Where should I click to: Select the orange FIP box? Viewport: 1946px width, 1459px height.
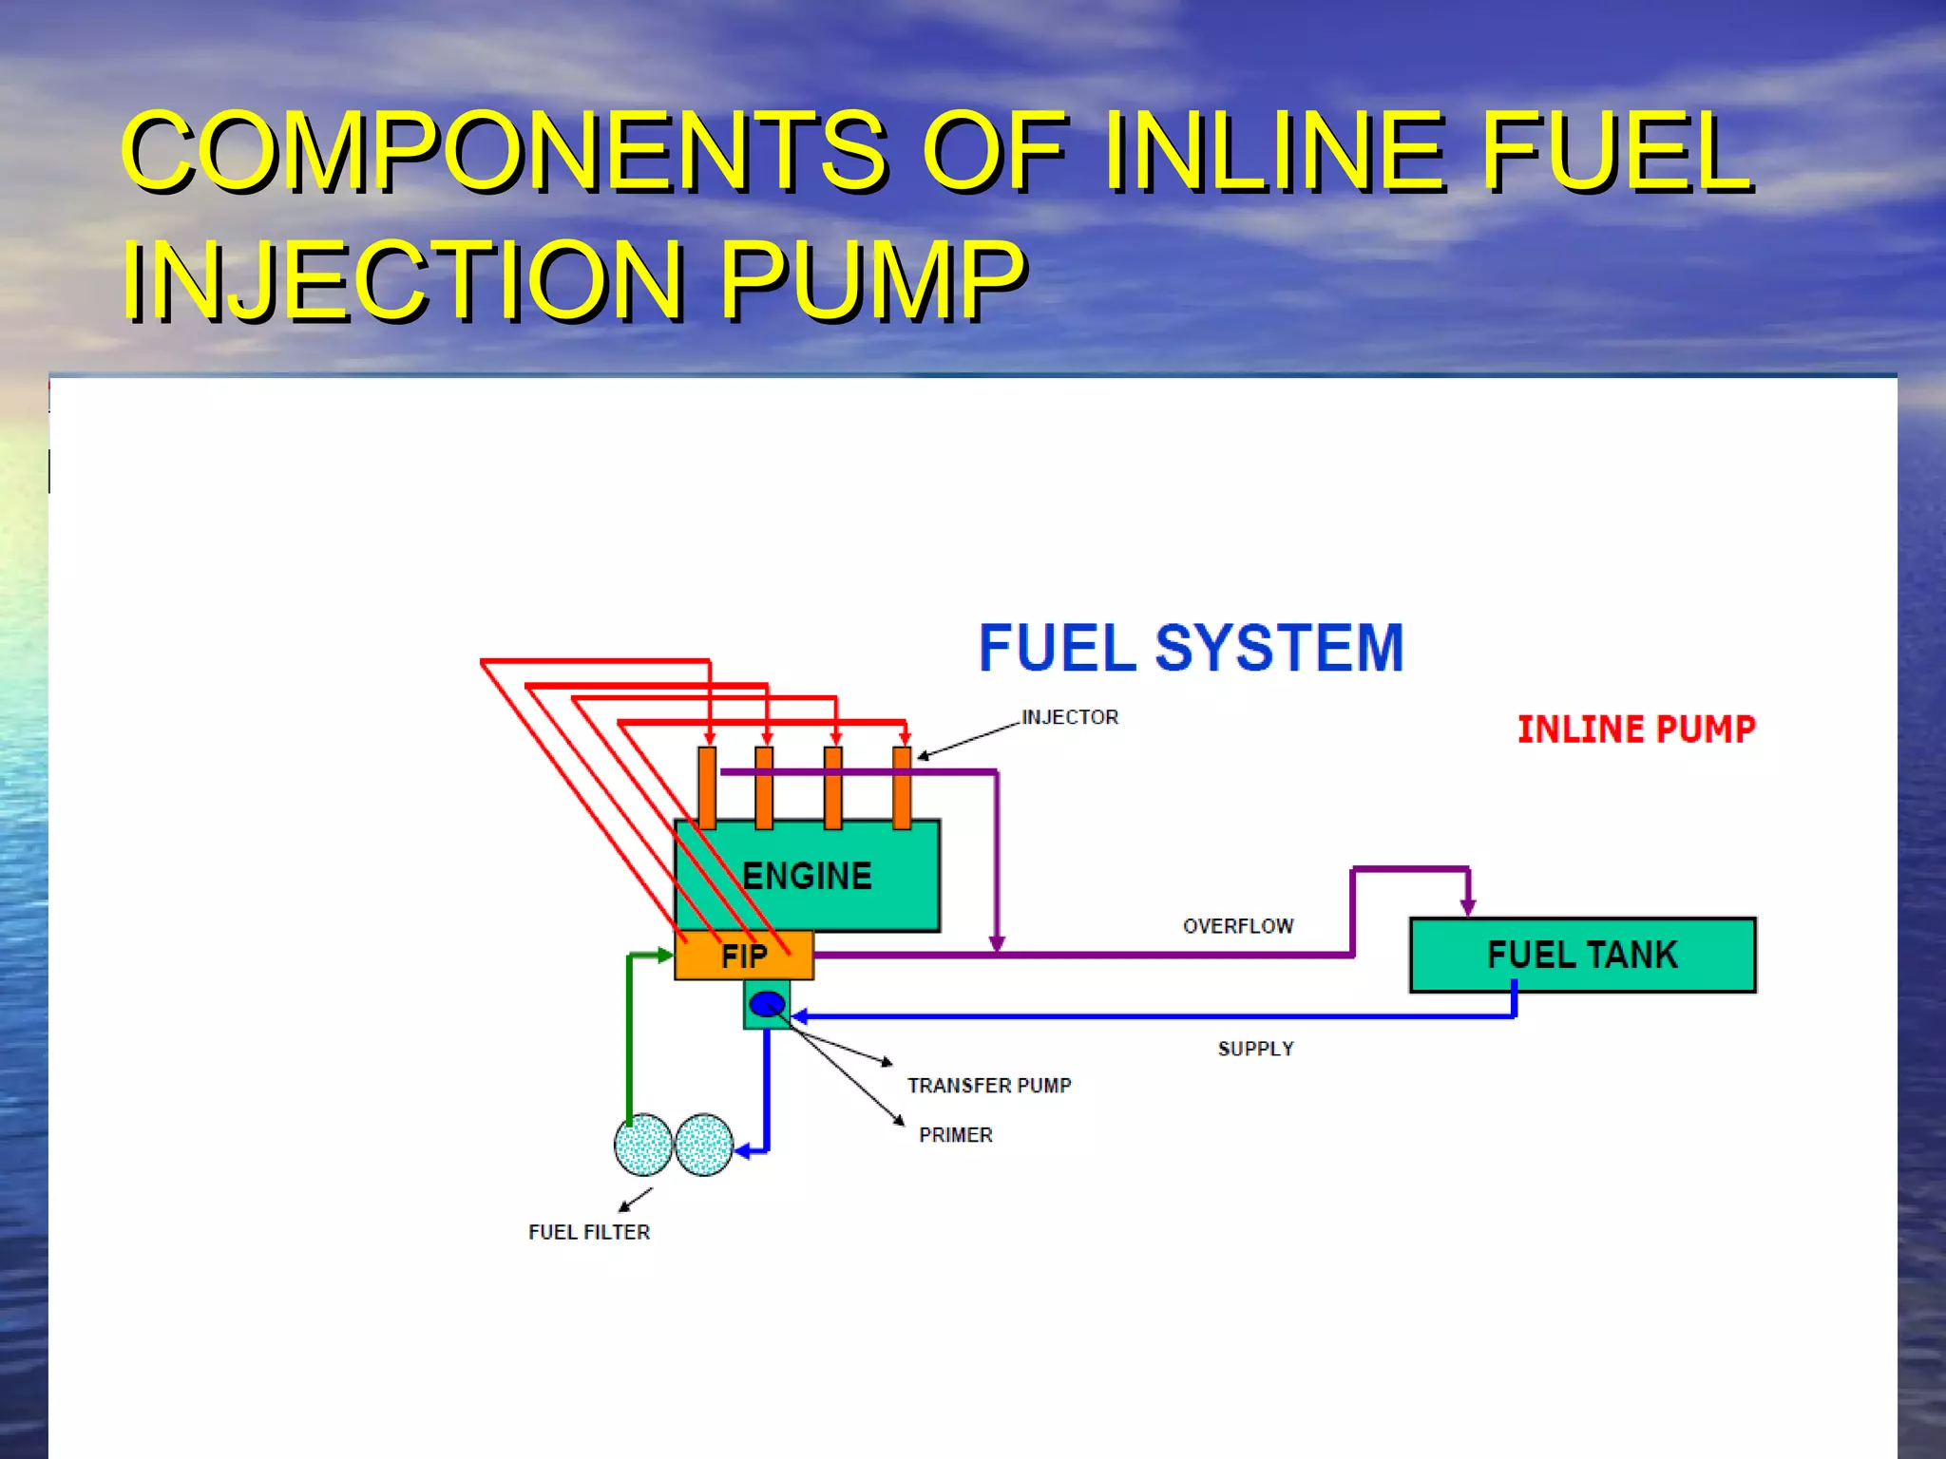pyautogui.click(x=744, y=956)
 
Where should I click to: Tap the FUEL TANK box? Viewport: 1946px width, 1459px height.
pyautogui.click(x=1582, y=955)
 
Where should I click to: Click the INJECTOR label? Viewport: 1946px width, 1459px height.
pyautogui.click(x=1070, y=717)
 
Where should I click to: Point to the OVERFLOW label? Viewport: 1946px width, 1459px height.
pyautogui.click(x=1238, y=926)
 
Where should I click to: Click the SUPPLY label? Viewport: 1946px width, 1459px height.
pyautogui.click(x=1255, y=1049)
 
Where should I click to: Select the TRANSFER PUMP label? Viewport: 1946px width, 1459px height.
pyautogui.click(x=989, y=1086)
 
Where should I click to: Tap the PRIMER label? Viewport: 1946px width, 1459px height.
pyautogui.click(x=956, y=1135)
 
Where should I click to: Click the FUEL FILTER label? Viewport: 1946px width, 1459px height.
pyautogui.click(x=589, y=1232)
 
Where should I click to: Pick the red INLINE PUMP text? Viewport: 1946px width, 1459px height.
pyautogui.click(x=1636, y=729)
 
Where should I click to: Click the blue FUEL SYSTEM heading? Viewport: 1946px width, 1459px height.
pyautogui.click(x=1191, y=648)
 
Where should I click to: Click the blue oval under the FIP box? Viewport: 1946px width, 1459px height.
pyautogui.click(x=767, y=1004)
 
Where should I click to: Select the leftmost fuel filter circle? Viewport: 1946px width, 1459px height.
pyautogui.click(x=643, y=1145)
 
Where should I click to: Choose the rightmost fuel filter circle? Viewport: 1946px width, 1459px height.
pyautogui.click(x=704, y=1145)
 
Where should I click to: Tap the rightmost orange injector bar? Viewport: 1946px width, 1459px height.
pyautogui.click(x=902, y=788)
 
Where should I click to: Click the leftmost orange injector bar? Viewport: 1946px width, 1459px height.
pyautogui.click(x=707, y=788)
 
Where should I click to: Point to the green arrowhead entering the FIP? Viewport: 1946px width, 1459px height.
pyautogui.click(x=665, y=955)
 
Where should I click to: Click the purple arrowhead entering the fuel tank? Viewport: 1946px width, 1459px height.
pyautogui.click(x=1468, y=907)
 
